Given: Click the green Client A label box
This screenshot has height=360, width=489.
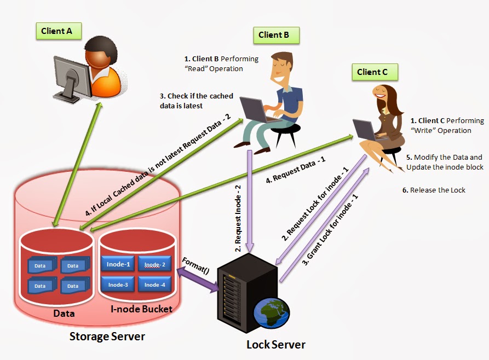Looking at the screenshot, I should [57, 31].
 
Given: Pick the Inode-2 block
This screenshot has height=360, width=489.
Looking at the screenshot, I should [154, 265].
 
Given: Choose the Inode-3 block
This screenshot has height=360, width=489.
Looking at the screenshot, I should [118, 284].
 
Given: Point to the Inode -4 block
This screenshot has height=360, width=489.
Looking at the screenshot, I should [154, 284].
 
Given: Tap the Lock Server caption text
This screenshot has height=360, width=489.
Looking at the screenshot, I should [275, 345].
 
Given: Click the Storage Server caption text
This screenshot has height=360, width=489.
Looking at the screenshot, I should [107, 336].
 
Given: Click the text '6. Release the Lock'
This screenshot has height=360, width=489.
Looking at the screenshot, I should [434, 190].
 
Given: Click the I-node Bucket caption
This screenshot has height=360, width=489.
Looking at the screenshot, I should [141, 310].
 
